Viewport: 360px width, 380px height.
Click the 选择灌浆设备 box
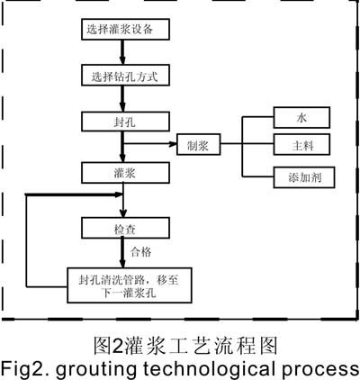(125, 30)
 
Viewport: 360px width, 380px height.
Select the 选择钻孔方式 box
(125, 77)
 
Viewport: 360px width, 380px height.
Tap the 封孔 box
(125, 122)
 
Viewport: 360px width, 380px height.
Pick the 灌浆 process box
(125, 173)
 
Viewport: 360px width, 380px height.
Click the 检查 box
(125, 228)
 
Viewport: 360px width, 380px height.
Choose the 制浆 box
(199, 144)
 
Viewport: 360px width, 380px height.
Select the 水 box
(301, 117)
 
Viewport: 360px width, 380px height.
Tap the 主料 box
(301, 144)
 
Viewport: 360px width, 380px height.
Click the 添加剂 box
(304, 177)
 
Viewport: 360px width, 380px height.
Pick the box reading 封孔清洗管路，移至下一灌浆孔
(130, 285)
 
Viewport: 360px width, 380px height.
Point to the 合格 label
(141, 252)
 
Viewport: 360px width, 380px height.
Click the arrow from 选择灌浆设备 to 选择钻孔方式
(122, 53)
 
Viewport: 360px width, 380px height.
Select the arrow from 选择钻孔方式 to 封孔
(122, 99)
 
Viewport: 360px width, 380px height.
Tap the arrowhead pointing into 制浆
(173, 144)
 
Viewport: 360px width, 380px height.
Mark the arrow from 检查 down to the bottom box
(122, 253)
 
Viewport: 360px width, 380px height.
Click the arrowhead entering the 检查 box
(122, 213)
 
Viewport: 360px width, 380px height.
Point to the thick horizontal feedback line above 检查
(75, 195)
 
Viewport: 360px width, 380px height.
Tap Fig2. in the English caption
(25, 368)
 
